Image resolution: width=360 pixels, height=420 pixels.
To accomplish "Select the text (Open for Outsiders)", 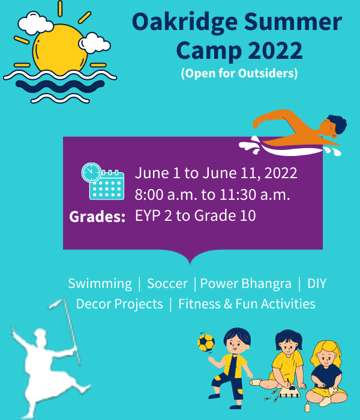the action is [x=239, y=73].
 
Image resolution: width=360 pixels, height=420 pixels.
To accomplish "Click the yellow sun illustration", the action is [x=60, y=50].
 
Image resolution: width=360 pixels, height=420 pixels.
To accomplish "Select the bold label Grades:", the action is [x=97, y=217].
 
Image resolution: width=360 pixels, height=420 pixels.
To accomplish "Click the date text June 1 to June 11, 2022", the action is [x=216, y=173].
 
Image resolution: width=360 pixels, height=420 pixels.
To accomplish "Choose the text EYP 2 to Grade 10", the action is [x=195, y=215].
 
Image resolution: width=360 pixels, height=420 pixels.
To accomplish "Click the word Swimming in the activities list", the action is [x=100, y=284].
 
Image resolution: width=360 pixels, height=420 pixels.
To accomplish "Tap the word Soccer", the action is [x=167, y=283].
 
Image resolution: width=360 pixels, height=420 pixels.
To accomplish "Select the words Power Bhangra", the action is [x=245, y=284].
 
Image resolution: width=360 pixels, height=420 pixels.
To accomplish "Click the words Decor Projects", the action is [x=119, y=304].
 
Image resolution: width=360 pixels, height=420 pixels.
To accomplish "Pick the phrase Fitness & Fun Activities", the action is [x=247, y=304].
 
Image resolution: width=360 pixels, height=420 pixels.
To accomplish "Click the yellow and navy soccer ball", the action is [x=206, y=343].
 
